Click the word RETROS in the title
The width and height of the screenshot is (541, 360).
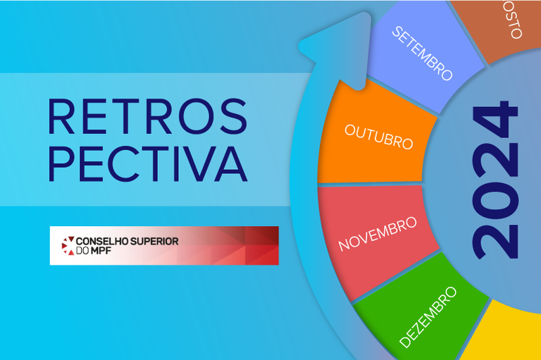[x=147, y=116]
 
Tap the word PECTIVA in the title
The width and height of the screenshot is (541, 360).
[x=147, y=163]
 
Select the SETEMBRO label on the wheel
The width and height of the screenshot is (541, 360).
[x=422, y=54]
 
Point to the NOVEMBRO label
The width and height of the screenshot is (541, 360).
[x=378, y=234]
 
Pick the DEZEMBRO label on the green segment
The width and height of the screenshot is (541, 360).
[x=428, y=317]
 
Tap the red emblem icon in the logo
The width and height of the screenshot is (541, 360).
[x=68, y=245]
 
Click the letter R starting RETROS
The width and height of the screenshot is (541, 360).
[x=61, y=116]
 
